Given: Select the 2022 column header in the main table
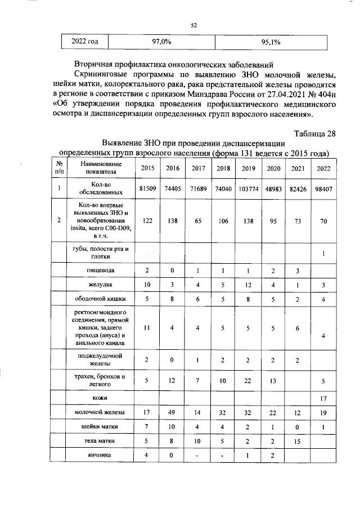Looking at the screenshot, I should [x=323, y=168].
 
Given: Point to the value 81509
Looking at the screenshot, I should [x=147, y=190].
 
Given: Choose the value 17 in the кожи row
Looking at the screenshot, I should [x=323, y=398].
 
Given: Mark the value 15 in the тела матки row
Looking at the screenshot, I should [x=298, y=441].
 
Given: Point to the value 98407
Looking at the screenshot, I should [x=323, y=190].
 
